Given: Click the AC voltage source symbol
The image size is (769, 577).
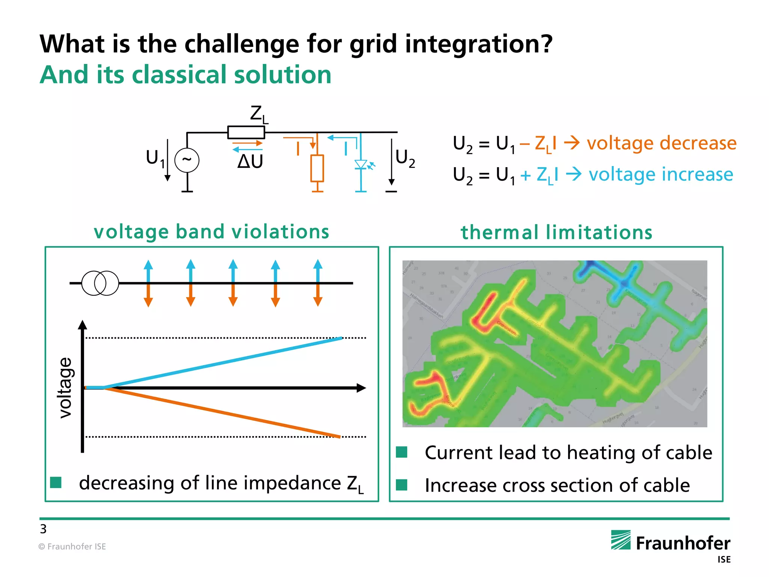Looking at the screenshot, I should (x=187, y=160).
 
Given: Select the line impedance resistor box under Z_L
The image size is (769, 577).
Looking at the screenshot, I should (x=246, y=132).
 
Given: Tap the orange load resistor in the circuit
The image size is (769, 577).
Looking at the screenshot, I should (x=317, y=168).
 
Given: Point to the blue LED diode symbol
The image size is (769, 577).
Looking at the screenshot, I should (x=361, y=165).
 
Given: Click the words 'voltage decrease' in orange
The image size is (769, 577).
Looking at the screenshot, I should (x=661, y=143).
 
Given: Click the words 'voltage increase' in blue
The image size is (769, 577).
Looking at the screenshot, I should (x=660, y=174).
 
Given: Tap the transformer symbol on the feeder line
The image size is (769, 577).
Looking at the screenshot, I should (x=100, y=283).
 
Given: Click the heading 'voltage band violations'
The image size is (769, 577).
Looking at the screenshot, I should (x=211, y=231).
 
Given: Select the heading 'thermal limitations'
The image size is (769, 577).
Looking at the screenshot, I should (x=556, y=232).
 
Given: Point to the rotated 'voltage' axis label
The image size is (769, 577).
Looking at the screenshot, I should (x=65, y=388).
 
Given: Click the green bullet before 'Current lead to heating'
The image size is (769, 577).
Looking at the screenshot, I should (x=402, y=452).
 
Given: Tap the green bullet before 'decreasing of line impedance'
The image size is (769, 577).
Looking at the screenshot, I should (x=56, y=482).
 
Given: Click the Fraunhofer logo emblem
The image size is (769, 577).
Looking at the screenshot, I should (x=621, y=540).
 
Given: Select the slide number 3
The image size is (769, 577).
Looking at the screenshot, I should (x=43, y=529).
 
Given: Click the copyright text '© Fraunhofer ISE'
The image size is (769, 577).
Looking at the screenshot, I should (x=72, y=547).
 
